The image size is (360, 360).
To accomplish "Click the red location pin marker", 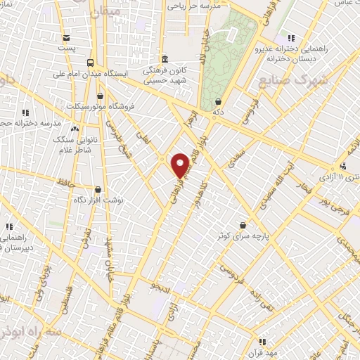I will (181, 165).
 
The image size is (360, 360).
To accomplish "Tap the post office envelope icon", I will (66, 38).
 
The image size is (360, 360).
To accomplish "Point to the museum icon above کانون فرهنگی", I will (164, 59).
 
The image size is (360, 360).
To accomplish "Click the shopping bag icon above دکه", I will (218, 101).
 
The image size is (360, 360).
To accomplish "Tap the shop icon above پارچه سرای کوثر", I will (243, 225).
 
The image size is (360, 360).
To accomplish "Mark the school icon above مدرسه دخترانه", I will (26, 112).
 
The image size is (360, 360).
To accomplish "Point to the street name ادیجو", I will (160, 286).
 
